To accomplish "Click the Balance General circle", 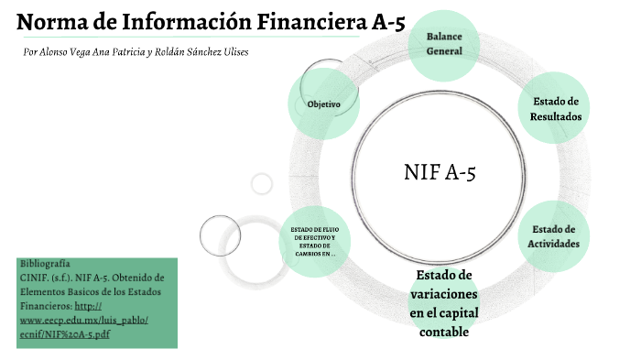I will (444, 43).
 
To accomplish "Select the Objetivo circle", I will (324, 104).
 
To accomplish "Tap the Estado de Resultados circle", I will (555, 109).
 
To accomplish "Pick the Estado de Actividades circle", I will (554, 236).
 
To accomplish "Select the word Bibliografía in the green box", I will (45, 263).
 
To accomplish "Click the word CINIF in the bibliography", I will (34, 277).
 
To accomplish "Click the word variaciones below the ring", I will (444, 295).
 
